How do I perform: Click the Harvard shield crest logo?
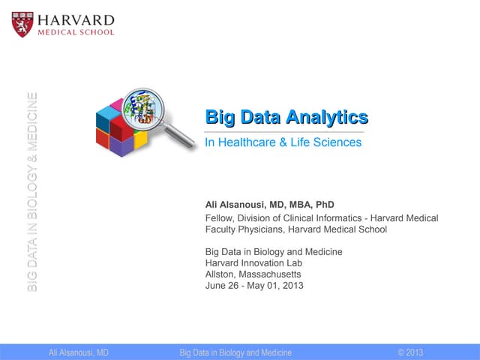click(x=22, y=24)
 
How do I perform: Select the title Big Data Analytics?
click(x=286, y=117)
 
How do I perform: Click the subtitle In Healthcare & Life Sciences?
click(x=283, y=142)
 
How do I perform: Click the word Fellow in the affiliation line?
click(x=220, y=217)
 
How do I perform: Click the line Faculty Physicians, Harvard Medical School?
click(x=295, y=229)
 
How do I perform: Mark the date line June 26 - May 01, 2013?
click(x=254, y=286)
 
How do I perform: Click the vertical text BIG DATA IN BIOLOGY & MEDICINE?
click(x=31, y=191)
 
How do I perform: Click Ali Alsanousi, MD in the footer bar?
click(x=79, y=352)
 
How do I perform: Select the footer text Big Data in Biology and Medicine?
click(x=235, y=352)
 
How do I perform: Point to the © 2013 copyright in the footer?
click(x=410, y=352)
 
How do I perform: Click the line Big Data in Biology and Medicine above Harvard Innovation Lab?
click(x=274, y=252)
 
